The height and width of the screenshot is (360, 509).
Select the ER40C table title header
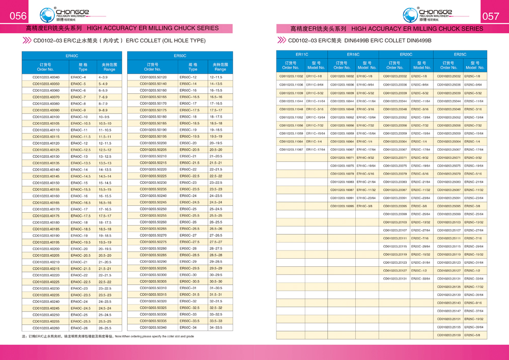coord(72,56)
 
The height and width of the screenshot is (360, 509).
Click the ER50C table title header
coord(180,56)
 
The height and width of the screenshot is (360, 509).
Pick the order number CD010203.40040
coord(46,77)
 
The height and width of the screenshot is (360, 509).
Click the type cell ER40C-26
coord(80,328)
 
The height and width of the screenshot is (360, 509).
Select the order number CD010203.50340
coord(153,327)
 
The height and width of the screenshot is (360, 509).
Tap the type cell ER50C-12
coord(188,77)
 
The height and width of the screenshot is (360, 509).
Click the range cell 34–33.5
coord(216,327)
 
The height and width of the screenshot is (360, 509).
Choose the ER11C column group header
coord(302,54)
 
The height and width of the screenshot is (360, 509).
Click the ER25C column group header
coord(460,54)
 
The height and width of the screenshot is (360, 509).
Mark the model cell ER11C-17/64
coord(316,150)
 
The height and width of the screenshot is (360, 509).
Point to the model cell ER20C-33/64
coord(420,279)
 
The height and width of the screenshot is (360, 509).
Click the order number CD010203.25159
coord(448,335)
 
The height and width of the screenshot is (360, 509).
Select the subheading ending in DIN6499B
coord(359,40)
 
